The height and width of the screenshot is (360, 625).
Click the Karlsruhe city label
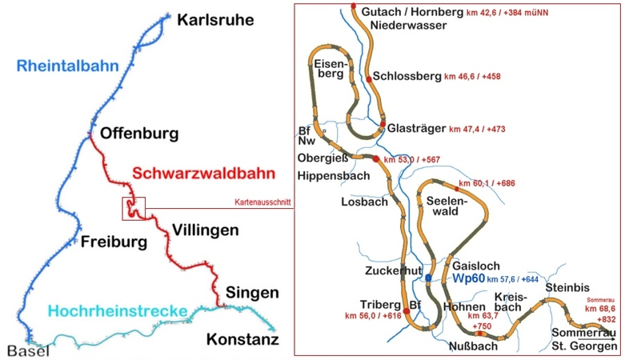pyautogui.click(x=216, y=19)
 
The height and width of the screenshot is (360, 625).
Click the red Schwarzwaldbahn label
pyautogui.click(x=204, y=173)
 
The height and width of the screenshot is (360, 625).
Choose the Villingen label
pyautogui.click(x=205, y=230)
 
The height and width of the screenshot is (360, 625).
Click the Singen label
pyautogui.click(x=251, y=292)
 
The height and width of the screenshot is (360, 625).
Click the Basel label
pyautogui.click(x=29, y=350)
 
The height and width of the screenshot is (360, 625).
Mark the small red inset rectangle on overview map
pyautogui.click(x=133, y=207)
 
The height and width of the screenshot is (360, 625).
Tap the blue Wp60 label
pyautogui.click(x=468, y=278)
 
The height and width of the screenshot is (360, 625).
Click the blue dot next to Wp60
pyautogui.click(x=429, y=278)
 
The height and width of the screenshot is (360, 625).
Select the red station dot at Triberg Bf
pyautogui.click(x=407, y=310)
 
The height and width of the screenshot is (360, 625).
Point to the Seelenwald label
pyautogui.click(x=446, y=206)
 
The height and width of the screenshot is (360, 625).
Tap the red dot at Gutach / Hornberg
pyautogui.click(x=354, y=6)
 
